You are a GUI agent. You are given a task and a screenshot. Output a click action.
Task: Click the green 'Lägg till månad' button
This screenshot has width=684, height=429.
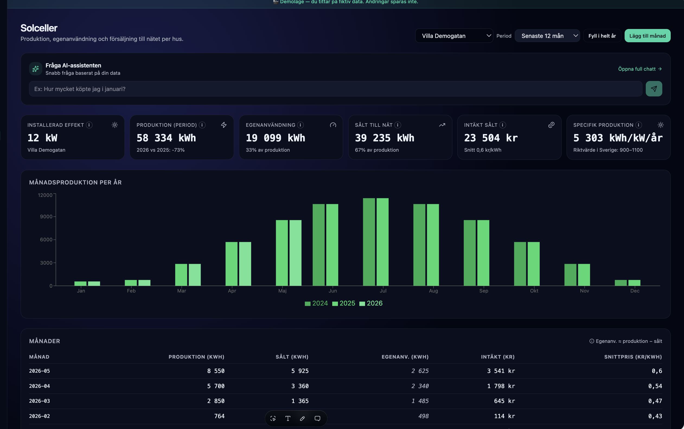(647, 36)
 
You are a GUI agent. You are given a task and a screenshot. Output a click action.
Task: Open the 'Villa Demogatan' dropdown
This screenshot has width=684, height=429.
(454, 36)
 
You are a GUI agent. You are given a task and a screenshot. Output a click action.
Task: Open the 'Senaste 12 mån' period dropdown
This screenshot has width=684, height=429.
(547, 36)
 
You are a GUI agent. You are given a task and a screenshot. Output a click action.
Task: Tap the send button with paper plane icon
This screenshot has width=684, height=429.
(654, 89)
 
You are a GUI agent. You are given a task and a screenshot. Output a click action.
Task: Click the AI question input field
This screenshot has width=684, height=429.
(335, 89)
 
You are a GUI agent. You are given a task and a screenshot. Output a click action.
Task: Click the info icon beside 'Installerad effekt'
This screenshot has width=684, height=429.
(89, 125)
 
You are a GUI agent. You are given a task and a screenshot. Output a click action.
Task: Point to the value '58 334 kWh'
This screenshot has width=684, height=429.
(166, 138)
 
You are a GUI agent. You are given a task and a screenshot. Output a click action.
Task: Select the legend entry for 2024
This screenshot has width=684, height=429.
(316, 303)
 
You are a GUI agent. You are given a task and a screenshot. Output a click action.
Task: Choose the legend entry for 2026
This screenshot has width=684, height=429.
(371, 303)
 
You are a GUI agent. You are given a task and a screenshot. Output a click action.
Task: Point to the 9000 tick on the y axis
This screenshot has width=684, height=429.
(46, 216)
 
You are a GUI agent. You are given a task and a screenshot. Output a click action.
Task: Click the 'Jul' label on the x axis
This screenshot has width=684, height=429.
(383, 291)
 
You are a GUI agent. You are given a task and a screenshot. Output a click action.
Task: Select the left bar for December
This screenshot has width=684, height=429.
(621, 283)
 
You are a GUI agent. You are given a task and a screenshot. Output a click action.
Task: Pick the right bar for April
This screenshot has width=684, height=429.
(245, 264)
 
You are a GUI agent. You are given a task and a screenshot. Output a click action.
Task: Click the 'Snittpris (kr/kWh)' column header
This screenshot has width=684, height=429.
(633, 357)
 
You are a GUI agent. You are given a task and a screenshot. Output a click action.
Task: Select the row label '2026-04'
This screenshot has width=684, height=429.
(40, 386)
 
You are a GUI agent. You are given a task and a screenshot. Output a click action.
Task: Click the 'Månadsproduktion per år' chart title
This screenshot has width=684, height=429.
(75, 183)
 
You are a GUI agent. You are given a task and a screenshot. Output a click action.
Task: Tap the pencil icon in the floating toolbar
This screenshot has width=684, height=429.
(302, 418)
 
